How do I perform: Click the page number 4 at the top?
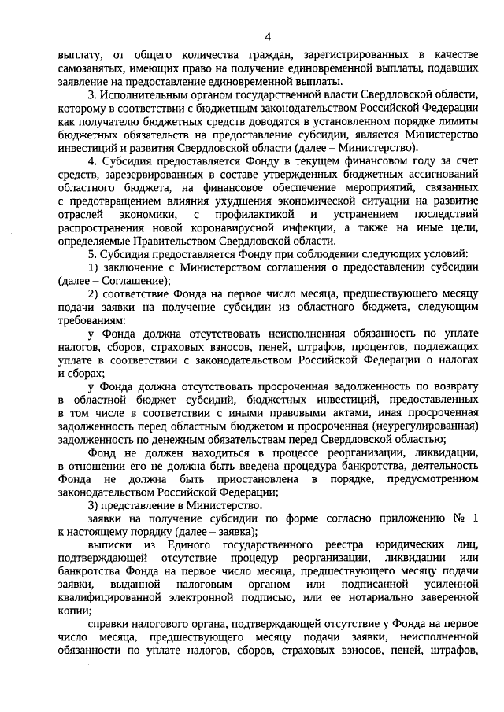click(x=268, y=37)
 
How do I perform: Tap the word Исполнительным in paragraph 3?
click(x=144, y=94)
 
